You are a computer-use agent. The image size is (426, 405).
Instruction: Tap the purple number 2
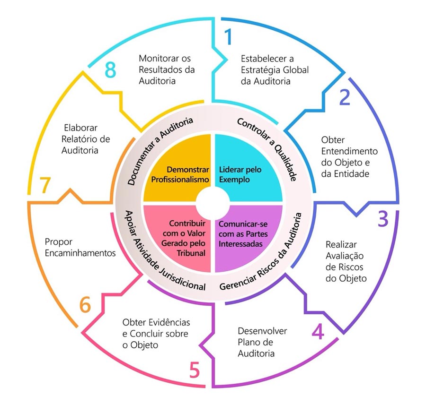[x=345, y=97]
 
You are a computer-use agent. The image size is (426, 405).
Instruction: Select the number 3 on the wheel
[x=383, y=219]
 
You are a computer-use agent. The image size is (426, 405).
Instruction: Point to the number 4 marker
[x=318, y=331]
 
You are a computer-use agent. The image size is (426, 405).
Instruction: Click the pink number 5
[x=195, y=370]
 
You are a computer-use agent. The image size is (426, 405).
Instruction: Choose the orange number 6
[x=85, y=304]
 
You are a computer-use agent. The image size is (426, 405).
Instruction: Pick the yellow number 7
[x=45, y=185]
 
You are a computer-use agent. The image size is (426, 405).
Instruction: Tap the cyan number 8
[x=110, y=70]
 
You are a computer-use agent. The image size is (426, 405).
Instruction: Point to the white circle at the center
[x=213, y=203]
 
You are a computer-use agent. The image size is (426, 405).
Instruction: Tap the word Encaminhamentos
[x=80, y=253]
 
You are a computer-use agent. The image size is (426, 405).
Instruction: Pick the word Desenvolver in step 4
[x=262, y=331]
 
